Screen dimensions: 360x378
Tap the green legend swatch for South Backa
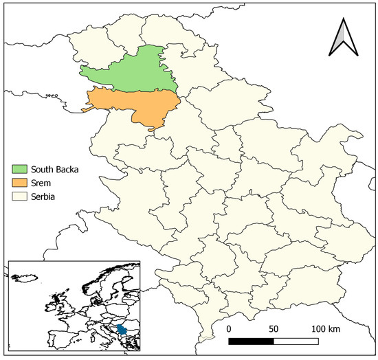19,168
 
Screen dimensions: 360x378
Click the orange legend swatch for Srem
19,182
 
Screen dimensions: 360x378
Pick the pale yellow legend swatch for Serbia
19,196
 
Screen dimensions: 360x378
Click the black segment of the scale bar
251,340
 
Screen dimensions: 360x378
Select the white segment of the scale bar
296,340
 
